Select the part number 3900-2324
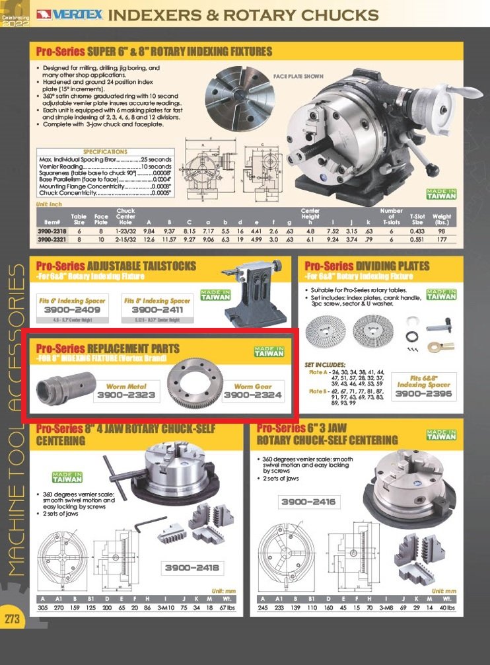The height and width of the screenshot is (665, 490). click(x=252, y=395)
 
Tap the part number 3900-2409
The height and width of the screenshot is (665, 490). click(x=73, y=309)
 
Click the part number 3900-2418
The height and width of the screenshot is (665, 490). click(x=192, y=568)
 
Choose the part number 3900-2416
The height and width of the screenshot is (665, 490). click(x=308, y=502)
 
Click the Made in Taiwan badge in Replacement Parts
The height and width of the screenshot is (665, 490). click(x=269, y=351)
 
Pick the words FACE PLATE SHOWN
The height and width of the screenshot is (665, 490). click(x=298, y=77)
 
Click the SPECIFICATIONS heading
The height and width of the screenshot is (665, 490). click(x=106, y=151)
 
